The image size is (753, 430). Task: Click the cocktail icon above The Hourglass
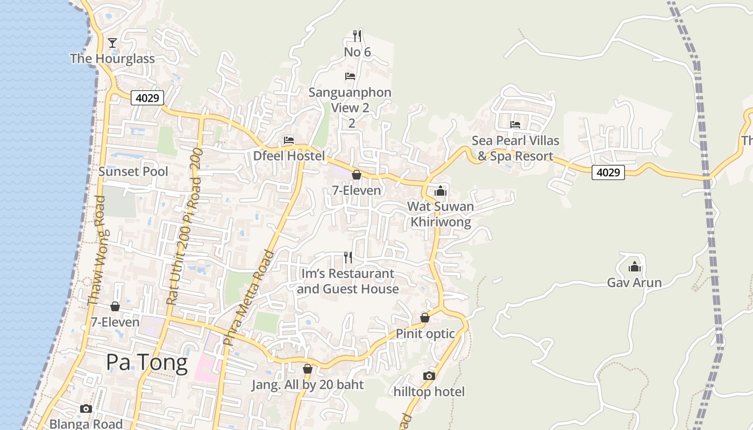pyautogui.click(x=112, y=42)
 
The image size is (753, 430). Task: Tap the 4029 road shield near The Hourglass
pyautogui.click(x=146, y=98)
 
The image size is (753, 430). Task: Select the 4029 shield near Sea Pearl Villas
pyautogui.click(x=608, y=173)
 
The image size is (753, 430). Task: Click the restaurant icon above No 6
pyautogui.click(x=357, y=35)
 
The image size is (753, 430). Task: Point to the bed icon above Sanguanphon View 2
pyautogui.click(x=350, y=76)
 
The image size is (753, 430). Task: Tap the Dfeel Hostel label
pyautogui.click(x=289, y=156)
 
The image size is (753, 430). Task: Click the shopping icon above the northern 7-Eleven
pyautogui.click(x=356, y=175)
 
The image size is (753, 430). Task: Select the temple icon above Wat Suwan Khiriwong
pyautogui.click(x=441, y=190)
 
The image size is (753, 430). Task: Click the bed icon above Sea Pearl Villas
pyautogui.click(x=515, y=125)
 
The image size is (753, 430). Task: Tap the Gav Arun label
pyautogui.click(x=634, y=282)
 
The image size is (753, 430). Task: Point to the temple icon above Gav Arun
pyautogui.click(x=635, y=266)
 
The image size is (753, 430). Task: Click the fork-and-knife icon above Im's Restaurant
pyautogui.click(x=348, y=257)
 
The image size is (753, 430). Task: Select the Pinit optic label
pyautogui.click(x=425, y=333)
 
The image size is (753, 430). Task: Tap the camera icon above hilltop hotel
pyautogui.click(x=429, y=376)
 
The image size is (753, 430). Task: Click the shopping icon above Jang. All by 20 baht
pyautogui.click(x=308, y=369)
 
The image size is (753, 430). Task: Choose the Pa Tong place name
pyautogui.click(x=146, y=362)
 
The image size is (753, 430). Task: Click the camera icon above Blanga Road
pyautogui.click(x=86, y=408)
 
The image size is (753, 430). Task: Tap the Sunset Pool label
pyautogui.click(x=133, y=171)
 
